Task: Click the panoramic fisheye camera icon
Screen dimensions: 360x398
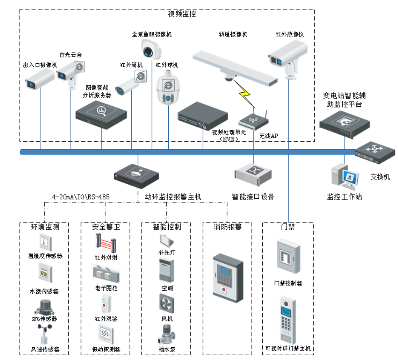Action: tap(151, 50)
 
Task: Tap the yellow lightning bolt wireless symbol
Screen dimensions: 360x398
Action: tap(244, 94)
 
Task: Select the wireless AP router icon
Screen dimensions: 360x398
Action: tap(253, 119)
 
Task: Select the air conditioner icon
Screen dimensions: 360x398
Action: tap(166, 271)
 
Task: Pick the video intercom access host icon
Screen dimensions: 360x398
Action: tap(288, 321)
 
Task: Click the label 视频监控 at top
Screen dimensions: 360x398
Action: tap(182, 14)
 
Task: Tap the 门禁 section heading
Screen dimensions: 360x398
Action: tap(287, 227)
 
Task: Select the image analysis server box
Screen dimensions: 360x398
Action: tap(101, 114)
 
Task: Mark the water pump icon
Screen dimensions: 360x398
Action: tap(166, 335)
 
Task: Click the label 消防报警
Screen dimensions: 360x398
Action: tap(227, 227)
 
